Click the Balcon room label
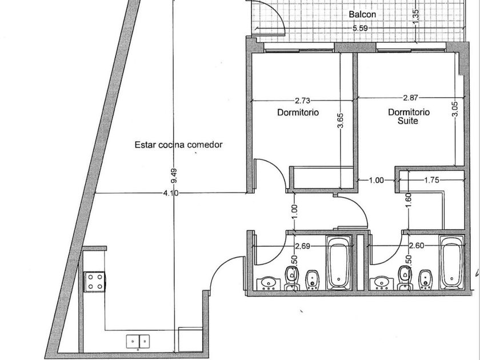pyautogui.click(x=362, y=14)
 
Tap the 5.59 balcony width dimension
pyautogui.click(x=360, y=29)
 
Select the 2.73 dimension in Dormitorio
pyautogui.click(x=302, y=101)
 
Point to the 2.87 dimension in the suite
pyautogui.click(x=410, y=98)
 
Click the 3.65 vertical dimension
pyautogui.click(x=341, y=121)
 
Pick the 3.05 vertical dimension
pyautogui.click(x=455, y=109)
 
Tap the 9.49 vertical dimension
pyautogui.click(x=174, y=176)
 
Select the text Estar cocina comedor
pyautogui.click(x=178, y=145)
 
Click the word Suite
pyautogui.click(x=408, y=121)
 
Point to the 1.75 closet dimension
pyautogui.click(x=431, y=180)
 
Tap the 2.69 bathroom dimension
pyautogui.click(x=302, y=246)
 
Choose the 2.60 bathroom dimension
pyautogui.click(x=417, y=246)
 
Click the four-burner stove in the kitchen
pyautogui.click(x=95, y=282)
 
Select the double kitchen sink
pyautogui.click(x=138, y=341)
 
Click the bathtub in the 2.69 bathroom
pyautogui.click(x=339, y=263)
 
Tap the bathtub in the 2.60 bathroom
pyautogui.click(x=452, y=263)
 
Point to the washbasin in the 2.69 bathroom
pyautogui.click(x=268, y=283)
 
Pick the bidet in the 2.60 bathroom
pyautogui.click(x=425, y=280)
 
